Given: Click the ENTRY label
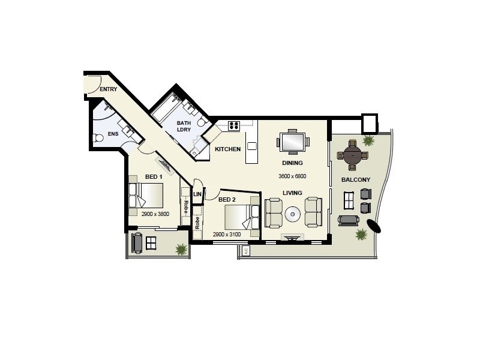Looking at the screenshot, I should (x=109, y=89).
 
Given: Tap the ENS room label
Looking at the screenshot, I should (x=113, y=134).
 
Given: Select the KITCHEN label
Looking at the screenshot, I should (x=228, y=149).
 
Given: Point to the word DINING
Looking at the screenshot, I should (x=292, y=163).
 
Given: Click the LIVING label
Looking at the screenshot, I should (x=292, y=193).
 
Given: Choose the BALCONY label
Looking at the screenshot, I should (x=355, y=179).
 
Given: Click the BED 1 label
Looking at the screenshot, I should (x=154, y=176).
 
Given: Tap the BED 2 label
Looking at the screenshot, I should (x=227, y=199).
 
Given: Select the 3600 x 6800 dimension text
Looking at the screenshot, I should (x=292, y=176).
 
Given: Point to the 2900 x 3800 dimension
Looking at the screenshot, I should (x=155, y=214).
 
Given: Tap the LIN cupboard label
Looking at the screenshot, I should (x=197, y=193).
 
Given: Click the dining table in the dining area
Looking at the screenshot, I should (x=293, y=142).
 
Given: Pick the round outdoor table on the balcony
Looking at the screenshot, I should (x=351, y=155).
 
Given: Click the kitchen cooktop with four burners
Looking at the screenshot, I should (x=233, y=126).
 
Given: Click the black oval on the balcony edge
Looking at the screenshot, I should (x=374, y=226).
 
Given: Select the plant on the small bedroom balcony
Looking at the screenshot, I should (x=179, y=248).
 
